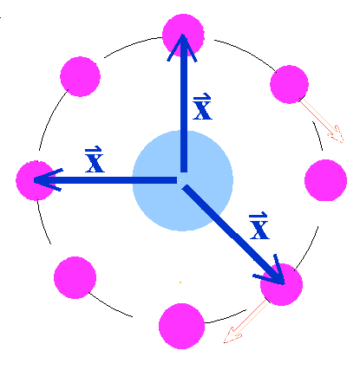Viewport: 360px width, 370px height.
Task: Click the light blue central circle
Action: [183, 181]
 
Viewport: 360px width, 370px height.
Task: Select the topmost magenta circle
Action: [183, 35]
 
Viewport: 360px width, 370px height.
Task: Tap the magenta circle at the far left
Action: [36, 180]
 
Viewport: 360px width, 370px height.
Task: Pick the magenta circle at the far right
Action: [326, 180]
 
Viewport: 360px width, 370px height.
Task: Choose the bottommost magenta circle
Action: [182, 326]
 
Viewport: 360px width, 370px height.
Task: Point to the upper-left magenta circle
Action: [81, 76]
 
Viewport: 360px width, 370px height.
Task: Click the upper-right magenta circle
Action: [289, 84]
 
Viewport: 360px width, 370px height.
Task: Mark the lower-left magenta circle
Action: [75, 277]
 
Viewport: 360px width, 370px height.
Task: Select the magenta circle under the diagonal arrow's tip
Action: [282, 284]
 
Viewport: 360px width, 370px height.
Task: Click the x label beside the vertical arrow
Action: [202, 107]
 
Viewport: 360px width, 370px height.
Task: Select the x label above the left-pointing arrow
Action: [95, 159]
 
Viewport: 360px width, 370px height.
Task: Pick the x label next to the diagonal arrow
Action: [259, 226]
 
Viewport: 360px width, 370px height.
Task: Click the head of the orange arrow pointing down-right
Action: [337, 135]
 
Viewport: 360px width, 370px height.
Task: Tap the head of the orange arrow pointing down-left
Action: [232, 336]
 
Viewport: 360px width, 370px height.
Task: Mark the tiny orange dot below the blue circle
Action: [180, 282]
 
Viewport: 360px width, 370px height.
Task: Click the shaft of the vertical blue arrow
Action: [184, 113]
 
